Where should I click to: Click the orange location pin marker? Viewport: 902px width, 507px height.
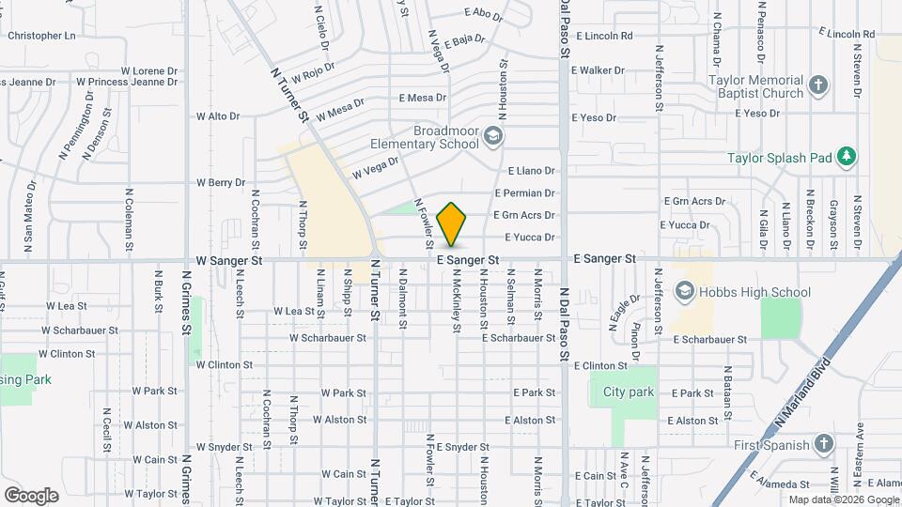[x=452, y=223]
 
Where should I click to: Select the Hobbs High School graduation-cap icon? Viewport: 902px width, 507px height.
[x=686, y=292]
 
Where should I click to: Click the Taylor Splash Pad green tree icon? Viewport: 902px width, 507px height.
[x=848, y=156]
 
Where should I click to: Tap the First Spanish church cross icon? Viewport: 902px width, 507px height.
[x=823, y=442]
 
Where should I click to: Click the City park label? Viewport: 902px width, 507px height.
[x=628, y=392]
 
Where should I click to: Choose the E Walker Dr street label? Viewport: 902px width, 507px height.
[x=597, y=70]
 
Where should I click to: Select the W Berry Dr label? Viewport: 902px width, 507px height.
[x=220, y=182]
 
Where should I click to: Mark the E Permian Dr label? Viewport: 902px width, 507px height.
[x=531, y=193]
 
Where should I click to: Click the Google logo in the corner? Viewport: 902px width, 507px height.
[x=31, y=495]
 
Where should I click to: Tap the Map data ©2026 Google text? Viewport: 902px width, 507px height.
[x=842, y=499]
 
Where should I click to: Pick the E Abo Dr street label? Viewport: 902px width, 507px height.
[x=484, y=13]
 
